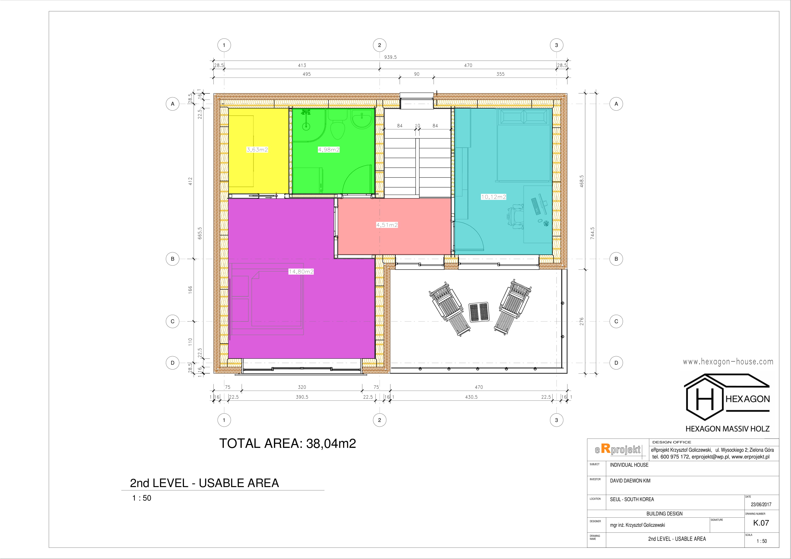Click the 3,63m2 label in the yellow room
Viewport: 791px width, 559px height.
tap(257, 149)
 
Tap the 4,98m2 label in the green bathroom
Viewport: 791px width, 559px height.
tap(329, 149)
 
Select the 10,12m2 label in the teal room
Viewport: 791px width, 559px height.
tap(493, 197)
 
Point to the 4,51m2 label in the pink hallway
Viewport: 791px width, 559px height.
tap(387, 225)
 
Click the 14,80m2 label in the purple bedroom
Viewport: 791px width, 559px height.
tap(301, 271)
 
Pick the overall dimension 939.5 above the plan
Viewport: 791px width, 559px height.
tap(390, 57)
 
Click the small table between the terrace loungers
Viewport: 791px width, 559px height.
tap(479, 312)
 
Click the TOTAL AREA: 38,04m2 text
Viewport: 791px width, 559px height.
tap(288, 444)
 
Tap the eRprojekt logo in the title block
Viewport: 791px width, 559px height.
tap(618, 449)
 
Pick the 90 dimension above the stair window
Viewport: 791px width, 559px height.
tap(416, 74)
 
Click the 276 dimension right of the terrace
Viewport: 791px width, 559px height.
tap(582, 322)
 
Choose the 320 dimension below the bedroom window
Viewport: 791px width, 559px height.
tap(302, 387)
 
